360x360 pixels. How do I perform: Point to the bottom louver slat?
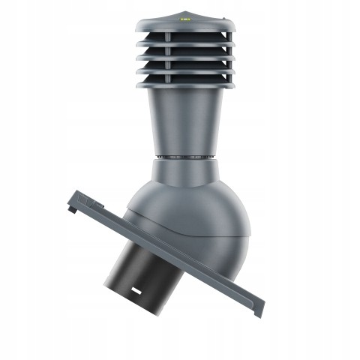click(180, 78)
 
